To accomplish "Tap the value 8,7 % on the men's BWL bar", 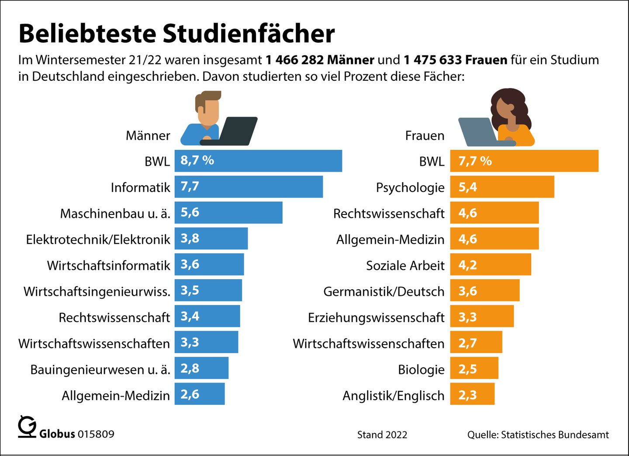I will (197, 160).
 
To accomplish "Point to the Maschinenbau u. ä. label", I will (115, 214).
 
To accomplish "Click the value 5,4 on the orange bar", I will (467, 187).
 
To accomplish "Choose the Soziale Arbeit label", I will (405, 266).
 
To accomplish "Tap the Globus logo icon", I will (27, 427).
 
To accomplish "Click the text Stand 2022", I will (382, 435).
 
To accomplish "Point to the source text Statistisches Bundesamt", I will (555, 435).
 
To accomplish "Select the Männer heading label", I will (148, 135).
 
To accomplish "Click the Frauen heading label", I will (424, 135).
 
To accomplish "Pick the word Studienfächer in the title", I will (249, 33).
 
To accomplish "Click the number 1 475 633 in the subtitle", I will (432, 60).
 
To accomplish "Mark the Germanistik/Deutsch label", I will (384, 291).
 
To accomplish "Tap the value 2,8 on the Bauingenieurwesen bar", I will (190, 368).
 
